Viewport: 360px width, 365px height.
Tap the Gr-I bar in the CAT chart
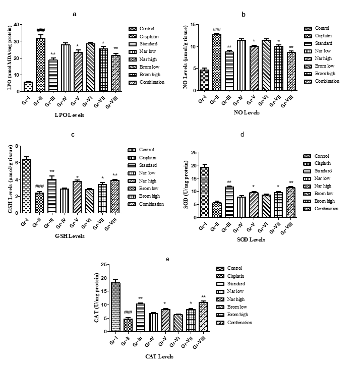[x=116, y=307]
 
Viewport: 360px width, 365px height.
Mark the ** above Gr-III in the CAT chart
[x=141, y=298]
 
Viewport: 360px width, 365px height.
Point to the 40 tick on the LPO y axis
[x=17, y=24]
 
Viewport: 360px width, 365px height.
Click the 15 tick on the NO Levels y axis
[x=194, y=24]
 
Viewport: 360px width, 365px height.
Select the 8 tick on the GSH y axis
[x=17, y=146]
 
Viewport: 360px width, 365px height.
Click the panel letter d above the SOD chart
[x=244, y=135]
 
